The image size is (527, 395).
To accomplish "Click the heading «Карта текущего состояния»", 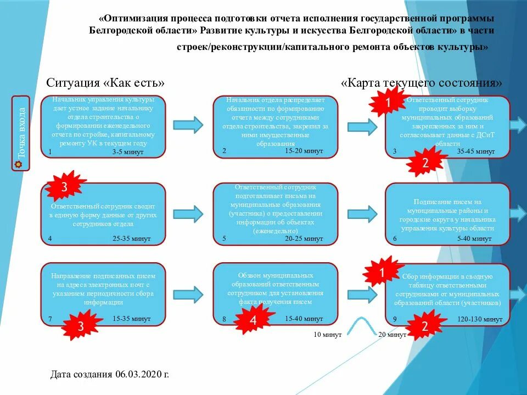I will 421,83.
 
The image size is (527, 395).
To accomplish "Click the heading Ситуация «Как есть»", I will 105,83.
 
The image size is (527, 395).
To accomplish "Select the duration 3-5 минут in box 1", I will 127,152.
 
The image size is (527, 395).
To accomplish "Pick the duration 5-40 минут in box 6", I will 474,239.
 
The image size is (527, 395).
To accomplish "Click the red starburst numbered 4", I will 253,321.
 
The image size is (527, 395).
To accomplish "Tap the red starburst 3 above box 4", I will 65,187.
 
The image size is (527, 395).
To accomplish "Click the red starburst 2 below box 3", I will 424,163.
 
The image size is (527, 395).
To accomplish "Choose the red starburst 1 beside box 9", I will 383,272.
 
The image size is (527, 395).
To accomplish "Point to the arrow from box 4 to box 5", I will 188,213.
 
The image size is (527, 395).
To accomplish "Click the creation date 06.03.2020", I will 110,375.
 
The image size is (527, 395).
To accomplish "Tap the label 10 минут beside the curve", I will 328,334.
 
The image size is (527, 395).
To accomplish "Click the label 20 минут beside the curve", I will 390,334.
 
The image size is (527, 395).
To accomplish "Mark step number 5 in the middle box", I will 224,239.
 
